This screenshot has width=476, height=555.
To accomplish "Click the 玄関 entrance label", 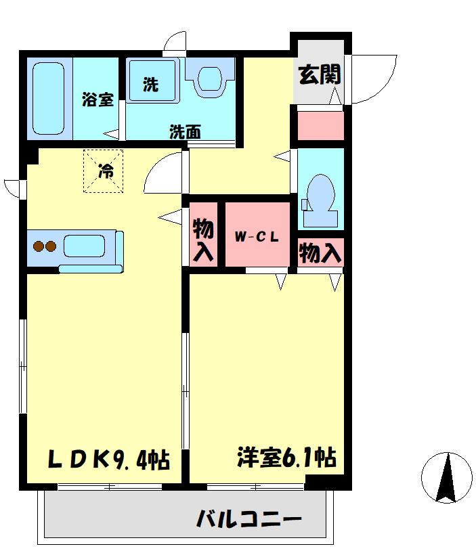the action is click(x=320, y=74).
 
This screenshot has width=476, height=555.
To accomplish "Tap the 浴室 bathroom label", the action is click(x=98, y=99).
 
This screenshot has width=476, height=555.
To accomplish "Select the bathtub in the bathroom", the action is click(x=49, y=98).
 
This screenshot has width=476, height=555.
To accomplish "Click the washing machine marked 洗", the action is click(x=152, y=81).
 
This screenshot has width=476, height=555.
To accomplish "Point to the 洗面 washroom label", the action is click(x=185, y=132).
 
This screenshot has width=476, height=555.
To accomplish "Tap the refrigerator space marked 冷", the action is click(x=103, y=171).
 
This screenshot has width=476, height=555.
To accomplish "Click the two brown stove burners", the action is click(x=45, y=246).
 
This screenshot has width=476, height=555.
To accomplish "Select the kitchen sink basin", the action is click(x=84, y=246).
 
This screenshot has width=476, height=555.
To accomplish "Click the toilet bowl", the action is click(x=320, y=201).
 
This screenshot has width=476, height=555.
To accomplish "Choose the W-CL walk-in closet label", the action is click(x=257, y=237).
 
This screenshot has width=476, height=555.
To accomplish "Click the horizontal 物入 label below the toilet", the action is click(x=320, y=252).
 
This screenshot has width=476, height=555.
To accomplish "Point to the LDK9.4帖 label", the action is click(x=109, y=459).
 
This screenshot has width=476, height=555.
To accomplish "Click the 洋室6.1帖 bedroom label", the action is click(x=286, y=457).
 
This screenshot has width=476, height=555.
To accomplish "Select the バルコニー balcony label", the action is click(x=249, y=519).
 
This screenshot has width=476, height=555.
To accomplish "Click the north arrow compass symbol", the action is click(x=447, y=478).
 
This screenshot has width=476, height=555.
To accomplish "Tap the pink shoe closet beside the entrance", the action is click(x=320, y=126).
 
